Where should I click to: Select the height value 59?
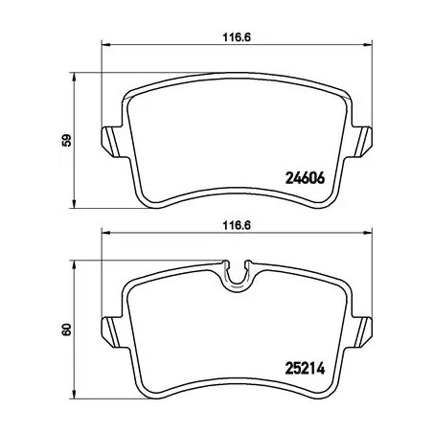(65, 141)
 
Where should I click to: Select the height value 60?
(65, 329)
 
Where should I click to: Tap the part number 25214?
(306, 365)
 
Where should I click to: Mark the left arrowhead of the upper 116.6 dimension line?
(105, 45)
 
